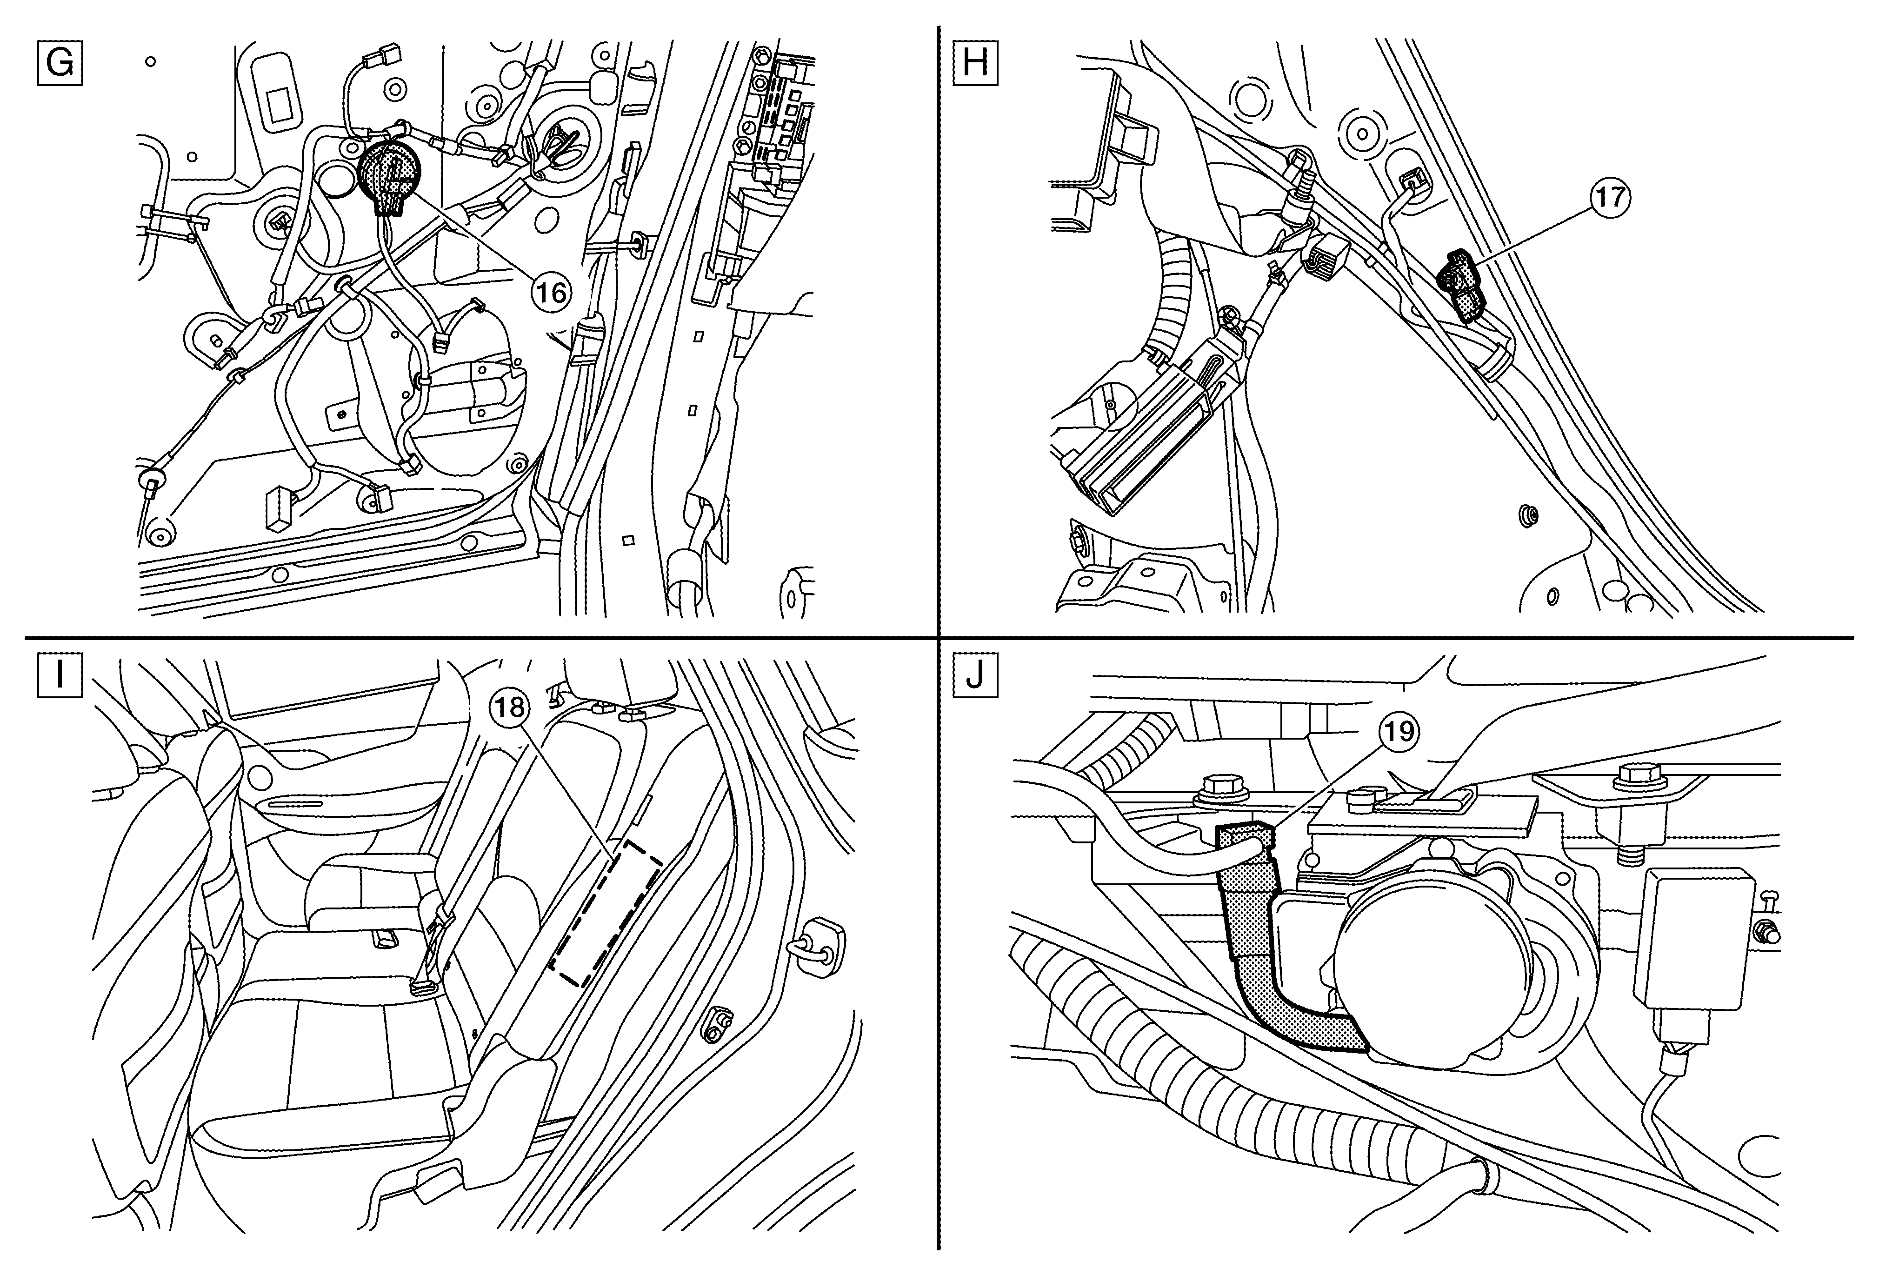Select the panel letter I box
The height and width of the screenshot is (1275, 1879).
(x=60, y=675)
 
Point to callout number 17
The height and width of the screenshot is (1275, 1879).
(x=1608, y=197)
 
